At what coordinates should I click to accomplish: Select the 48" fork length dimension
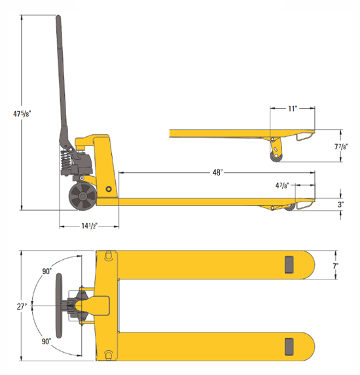click(217, 173)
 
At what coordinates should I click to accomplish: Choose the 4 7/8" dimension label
click(282, 187)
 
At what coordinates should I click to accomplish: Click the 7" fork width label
click(335, 267)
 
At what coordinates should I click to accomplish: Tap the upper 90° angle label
click(47, 271)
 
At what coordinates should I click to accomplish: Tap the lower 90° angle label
click(47, 341)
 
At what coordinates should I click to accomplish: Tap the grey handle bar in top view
click(59, 306)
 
